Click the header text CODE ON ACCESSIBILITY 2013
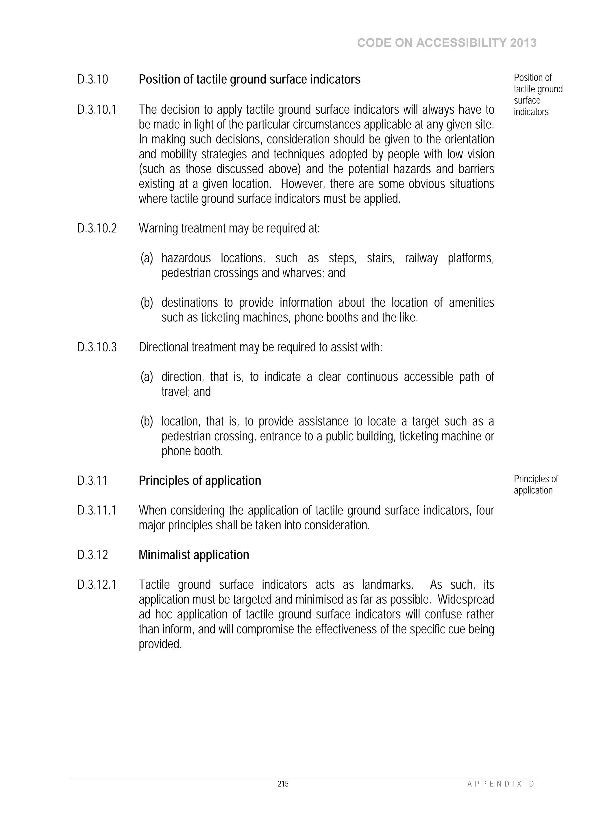(447, 43)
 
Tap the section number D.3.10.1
(97, 110)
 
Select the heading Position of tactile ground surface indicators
(249, 80)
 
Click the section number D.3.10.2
(97, 229)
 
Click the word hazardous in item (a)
(186, 258)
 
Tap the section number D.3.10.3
(97, 347)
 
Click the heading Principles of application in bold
(199, 481)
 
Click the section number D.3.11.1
(97, 510)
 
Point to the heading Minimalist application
(194, 555)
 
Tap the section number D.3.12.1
(97, 585)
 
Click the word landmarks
(387, 585)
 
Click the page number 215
(283, 784)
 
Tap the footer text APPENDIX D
(500, 784)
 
